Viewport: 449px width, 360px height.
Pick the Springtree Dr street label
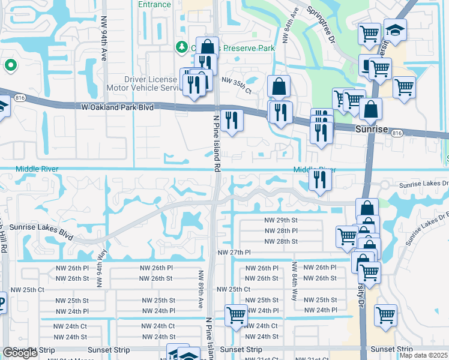tap(321, 25)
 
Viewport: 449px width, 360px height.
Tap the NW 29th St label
tap(281, 220)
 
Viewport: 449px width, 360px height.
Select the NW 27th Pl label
tap(234, 253)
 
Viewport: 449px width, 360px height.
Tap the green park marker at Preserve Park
tap(181, 47)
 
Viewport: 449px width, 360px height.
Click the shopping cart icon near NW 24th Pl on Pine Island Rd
tap(236, 314)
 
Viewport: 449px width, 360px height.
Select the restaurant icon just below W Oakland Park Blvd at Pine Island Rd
tap(231, 120)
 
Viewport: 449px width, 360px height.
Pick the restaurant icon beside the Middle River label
tap(320, 179)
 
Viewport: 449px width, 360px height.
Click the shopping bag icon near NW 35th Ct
tap(279, 86)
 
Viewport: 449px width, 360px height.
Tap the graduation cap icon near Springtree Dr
tap(394, 31)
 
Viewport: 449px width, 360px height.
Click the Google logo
tap(20, 353)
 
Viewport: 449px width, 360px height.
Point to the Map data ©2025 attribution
tap(423, 355)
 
